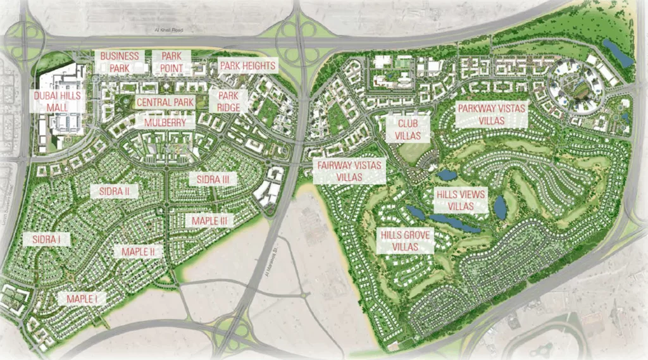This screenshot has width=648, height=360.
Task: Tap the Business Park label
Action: [120, 62]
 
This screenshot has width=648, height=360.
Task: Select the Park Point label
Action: [171, 62]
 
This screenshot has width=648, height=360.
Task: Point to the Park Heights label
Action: [247, 66]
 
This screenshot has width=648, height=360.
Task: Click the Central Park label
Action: [165, 102]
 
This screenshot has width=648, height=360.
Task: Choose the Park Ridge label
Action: [228, 101]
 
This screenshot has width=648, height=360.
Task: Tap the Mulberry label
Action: [165, 122]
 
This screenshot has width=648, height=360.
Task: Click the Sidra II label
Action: [115, 191]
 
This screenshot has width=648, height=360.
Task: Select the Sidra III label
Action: [213, 179]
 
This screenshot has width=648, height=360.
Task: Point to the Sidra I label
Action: [46, 239]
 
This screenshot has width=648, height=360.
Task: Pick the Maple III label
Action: [209, 220]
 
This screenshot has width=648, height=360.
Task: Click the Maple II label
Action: [139, 251]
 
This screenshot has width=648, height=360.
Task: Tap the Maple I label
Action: [82, 299]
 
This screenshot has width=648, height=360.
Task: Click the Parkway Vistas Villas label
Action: [492, 115]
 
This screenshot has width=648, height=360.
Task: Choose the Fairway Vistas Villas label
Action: [349, 171]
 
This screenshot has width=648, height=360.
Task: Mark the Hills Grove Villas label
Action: [406, 240]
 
